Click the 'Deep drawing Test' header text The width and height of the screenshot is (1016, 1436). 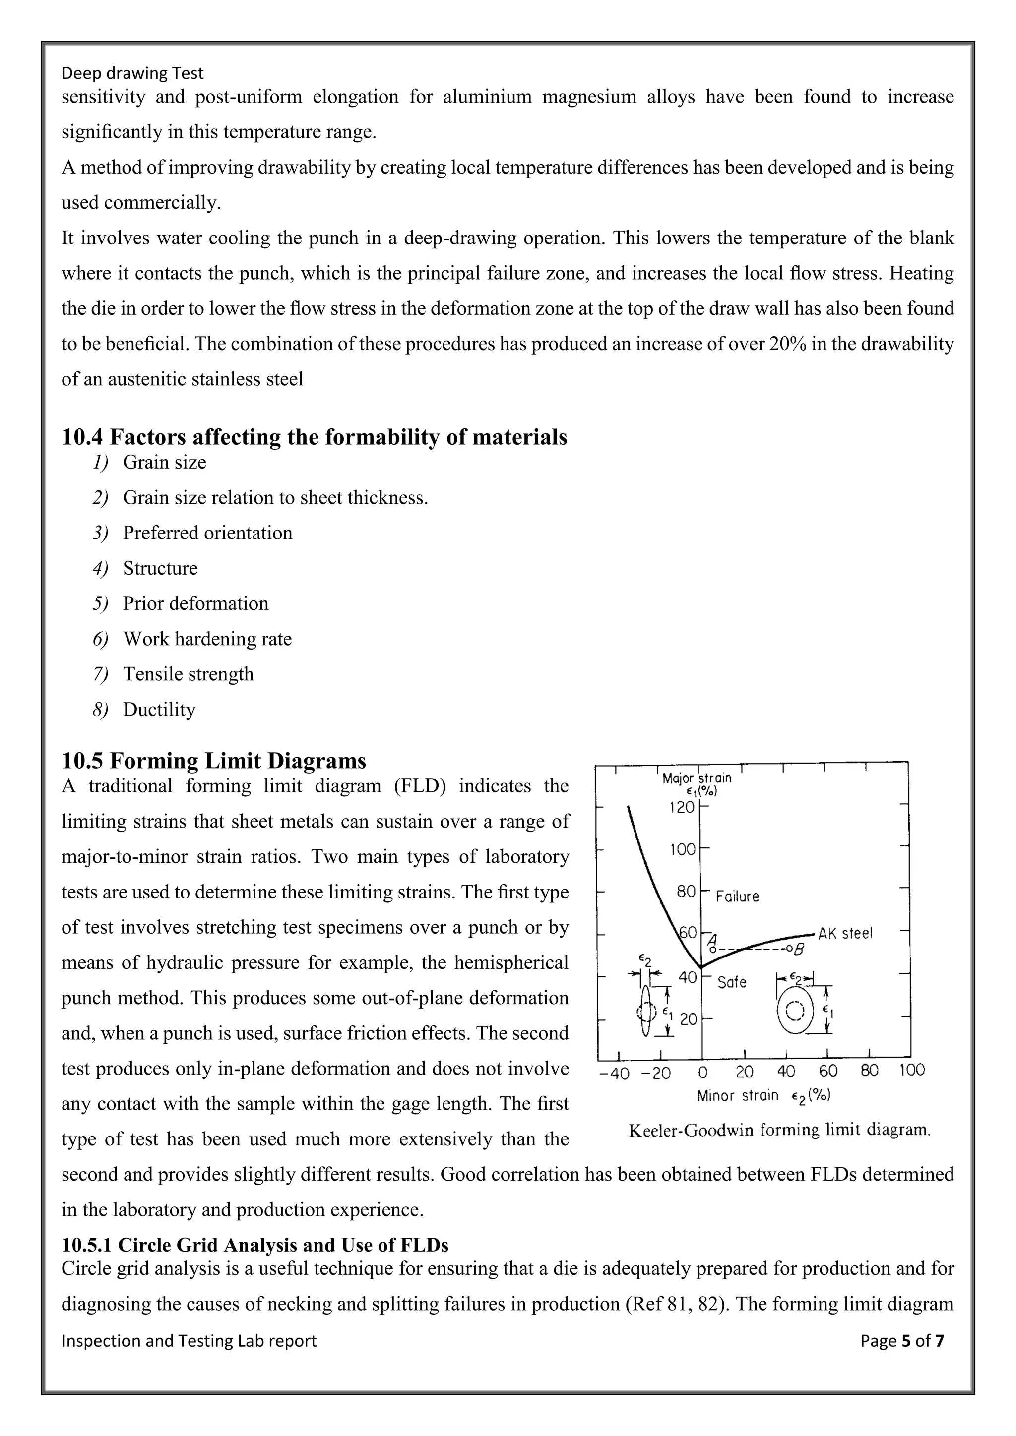point(132,74)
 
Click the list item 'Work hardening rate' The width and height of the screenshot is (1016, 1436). point(207,639)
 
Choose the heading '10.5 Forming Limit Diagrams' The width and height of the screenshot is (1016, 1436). point(214,761)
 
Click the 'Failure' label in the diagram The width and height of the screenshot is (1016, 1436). point(737,896)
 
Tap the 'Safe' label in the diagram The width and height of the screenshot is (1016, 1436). point(731,983)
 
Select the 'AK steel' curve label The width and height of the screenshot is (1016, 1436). point(844,934)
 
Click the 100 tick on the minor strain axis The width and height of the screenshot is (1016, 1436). point(911,1072)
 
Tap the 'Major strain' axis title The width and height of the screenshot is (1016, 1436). point(697,778)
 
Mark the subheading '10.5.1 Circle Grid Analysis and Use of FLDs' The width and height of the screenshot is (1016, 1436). point(254,1245)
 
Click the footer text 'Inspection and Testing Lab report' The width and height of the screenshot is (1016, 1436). point(189,1341)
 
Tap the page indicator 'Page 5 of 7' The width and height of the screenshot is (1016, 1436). point(902,1341)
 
